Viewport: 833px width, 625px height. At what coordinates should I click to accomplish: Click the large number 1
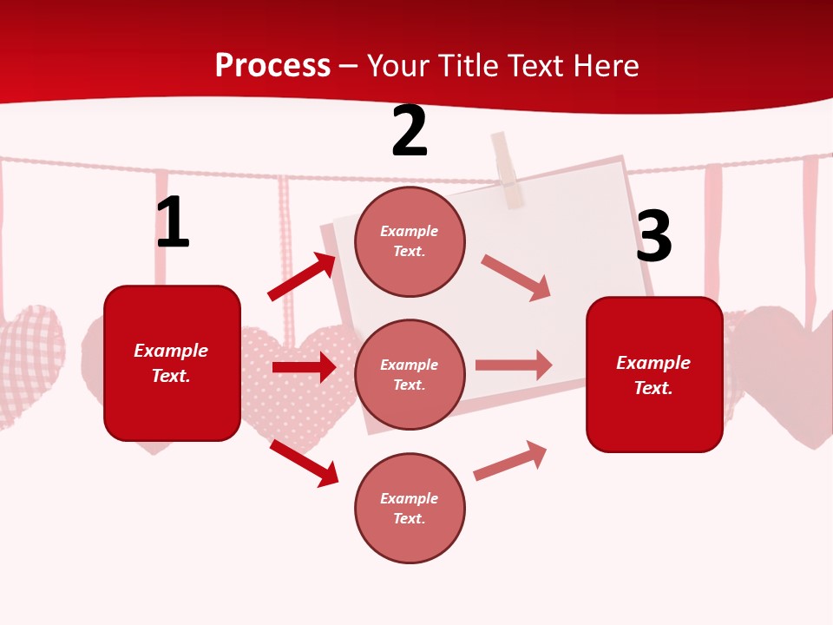coord(173,223)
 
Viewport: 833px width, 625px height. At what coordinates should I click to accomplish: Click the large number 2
coord(410,132)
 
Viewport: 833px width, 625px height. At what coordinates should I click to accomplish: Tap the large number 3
coord(653,237)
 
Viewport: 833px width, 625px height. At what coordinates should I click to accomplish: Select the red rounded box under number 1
coord(172,363)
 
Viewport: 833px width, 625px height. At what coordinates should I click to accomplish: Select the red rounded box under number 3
coord(654,374)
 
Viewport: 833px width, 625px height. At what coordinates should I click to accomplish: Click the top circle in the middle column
coord(410,241)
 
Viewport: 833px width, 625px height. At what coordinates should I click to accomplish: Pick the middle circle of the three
coord(410,374)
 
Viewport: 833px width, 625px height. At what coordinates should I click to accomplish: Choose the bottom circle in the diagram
coord(410,508)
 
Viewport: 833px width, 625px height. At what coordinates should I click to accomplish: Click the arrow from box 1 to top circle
coord(302,277)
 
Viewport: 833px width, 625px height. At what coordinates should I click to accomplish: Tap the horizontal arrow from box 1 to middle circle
coord(304,367)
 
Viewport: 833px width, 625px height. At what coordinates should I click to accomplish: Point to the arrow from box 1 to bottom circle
coord(304,463)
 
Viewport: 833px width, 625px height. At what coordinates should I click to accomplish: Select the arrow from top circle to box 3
coord(516,278)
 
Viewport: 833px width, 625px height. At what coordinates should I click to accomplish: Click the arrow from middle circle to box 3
coord(514,365)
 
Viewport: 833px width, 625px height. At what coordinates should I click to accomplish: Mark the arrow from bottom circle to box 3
coord(511,460)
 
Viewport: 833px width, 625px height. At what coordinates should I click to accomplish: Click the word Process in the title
coord(272,65)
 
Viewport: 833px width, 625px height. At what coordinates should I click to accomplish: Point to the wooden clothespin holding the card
coord(508,170)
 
